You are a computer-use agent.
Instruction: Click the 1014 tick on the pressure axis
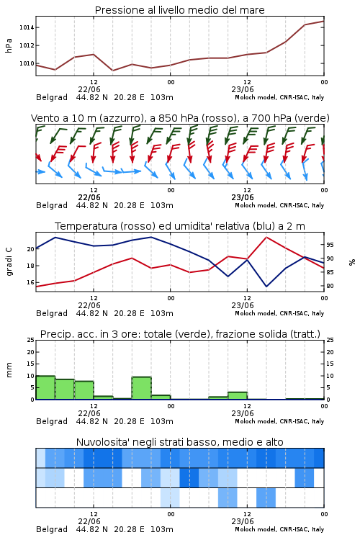[x=27, y=27]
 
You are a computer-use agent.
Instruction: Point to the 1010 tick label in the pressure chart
[x=27, y=63]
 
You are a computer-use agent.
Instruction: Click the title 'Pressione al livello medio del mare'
[x=180, y=10]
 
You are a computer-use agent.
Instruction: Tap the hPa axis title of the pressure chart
[x=9, y=45]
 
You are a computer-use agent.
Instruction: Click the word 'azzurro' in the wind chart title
[x=121, y=118]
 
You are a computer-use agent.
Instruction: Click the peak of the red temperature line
[x=266, y=237]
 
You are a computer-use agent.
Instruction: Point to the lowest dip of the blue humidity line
[x=266, y=286]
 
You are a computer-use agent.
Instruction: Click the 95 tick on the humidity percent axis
[x=330, y=245]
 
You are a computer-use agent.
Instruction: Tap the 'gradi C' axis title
[x=9, y=261]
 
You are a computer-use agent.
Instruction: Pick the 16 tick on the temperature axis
[x=31, y=282]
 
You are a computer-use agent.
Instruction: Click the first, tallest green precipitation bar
[x=45, y=387]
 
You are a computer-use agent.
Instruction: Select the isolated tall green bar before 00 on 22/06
[x=142, y=388]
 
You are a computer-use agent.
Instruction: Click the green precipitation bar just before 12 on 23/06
[x=238, y=396]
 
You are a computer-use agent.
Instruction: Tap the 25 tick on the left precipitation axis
[x=31, y=340]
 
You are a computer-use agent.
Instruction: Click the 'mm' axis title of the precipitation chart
[x=9, y=370]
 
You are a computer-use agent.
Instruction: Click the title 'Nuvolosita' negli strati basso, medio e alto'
[x=180, y=442]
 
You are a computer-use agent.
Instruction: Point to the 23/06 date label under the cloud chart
[x=243, y=521]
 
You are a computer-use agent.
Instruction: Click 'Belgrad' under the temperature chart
[x=52, y=313]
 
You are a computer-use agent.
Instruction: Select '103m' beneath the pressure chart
[x=162, y=97]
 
